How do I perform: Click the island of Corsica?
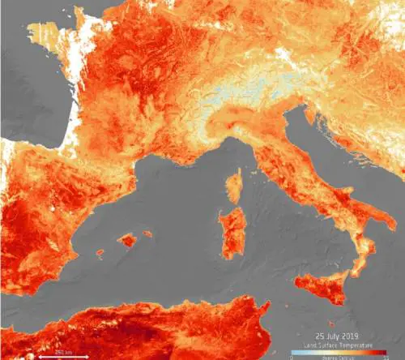coord(232,186)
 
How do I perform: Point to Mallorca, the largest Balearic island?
coord(126,240)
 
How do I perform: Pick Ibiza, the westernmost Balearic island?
coord(100,254)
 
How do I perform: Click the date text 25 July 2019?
coord(336,335)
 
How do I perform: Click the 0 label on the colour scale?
coord(292,356)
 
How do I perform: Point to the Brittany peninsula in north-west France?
coord(40,36)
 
